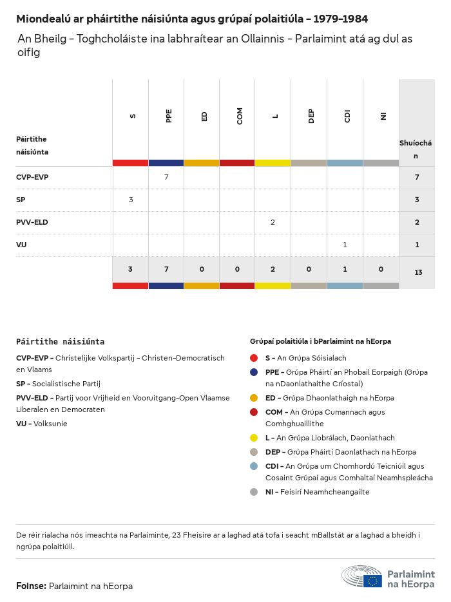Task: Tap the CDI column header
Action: [x=347, y=116]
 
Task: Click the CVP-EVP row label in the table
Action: [x=32, y=177]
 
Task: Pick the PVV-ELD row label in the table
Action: [x=32, y=222]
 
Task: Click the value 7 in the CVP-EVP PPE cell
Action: [x=166, y=177]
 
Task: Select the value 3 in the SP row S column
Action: [x=131, y=200]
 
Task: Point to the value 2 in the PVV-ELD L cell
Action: [x=273, y=222]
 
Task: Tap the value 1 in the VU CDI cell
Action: [x=345, y=245]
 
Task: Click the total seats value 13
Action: [x=418, y=272]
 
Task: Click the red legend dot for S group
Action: [x=254, y=358]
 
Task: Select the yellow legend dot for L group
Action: [x=254, y=438]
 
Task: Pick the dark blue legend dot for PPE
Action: [x=254, y=372]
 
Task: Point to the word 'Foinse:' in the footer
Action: [x=31, y=586]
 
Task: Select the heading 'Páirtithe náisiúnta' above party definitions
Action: [x=60, y=342]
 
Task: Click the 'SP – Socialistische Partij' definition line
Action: [x=58, y=384]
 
